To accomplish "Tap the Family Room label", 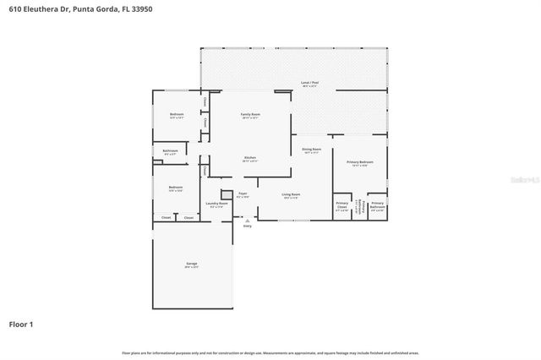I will click(x=250, y=115).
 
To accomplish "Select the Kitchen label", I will click(x=250, y=159).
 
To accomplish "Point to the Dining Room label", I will click(x=311, y=150).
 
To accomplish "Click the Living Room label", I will click(x=292, y=196).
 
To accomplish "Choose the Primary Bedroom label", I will click(x=360, y=163).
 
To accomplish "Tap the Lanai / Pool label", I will click(x=309, y=85).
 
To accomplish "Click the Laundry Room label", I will click(x=217, y=205).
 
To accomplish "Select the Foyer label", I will click(x=243, y=195).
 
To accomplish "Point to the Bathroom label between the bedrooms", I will click(x=170, y=152).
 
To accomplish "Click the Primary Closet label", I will click(x=342, y=206).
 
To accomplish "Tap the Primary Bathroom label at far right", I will click(x=377, y=206).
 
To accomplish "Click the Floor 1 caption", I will click(x=22, y=324).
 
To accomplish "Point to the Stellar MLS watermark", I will click(x=513, y=180).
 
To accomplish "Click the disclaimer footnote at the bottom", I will click(x=270, y=352).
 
